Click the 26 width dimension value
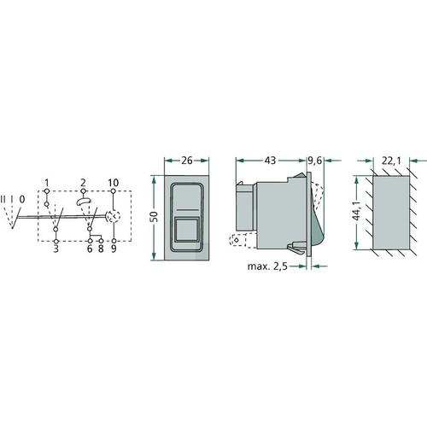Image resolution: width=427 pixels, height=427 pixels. point(187,161)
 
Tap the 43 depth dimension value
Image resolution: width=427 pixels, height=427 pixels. point(270,161)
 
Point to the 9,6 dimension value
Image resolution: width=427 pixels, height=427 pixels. point(315,161)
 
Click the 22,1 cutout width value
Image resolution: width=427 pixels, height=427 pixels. point(391,161)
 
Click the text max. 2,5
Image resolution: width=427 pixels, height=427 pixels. point(267,266)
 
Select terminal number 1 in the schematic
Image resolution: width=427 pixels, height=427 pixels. point(47,183)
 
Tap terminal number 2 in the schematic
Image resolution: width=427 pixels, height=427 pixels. point(83,183)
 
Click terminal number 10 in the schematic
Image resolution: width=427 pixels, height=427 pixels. point(114,183)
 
